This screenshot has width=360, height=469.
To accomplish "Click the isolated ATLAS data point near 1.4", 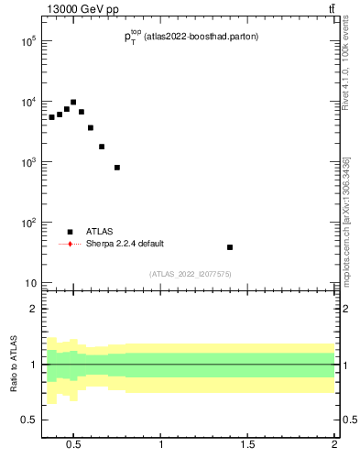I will click(230, 247).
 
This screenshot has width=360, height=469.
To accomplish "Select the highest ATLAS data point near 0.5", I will click(73, 103).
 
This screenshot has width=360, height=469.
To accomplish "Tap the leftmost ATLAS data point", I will click(52, 117).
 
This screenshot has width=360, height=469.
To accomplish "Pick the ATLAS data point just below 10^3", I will click(117, 168).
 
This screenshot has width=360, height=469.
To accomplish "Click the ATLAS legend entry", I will click(99, 232).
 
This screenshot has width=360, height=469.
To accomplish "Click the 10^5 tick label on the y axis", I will click(28, 41).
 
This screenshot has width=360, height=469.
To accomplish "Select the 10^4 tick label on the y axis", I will click(28, 102).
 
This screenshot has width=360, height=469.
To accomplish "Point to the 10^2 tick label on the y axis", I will click(28, 223).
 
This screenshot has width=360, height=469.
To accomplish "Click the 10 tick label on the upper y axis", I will click(30, 283).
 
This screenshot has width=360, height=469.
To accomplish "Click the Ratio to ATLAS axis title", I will click(14, 365).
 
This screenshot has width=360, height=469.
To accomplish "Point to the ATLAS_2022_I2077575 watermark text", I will click(191, 274).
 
